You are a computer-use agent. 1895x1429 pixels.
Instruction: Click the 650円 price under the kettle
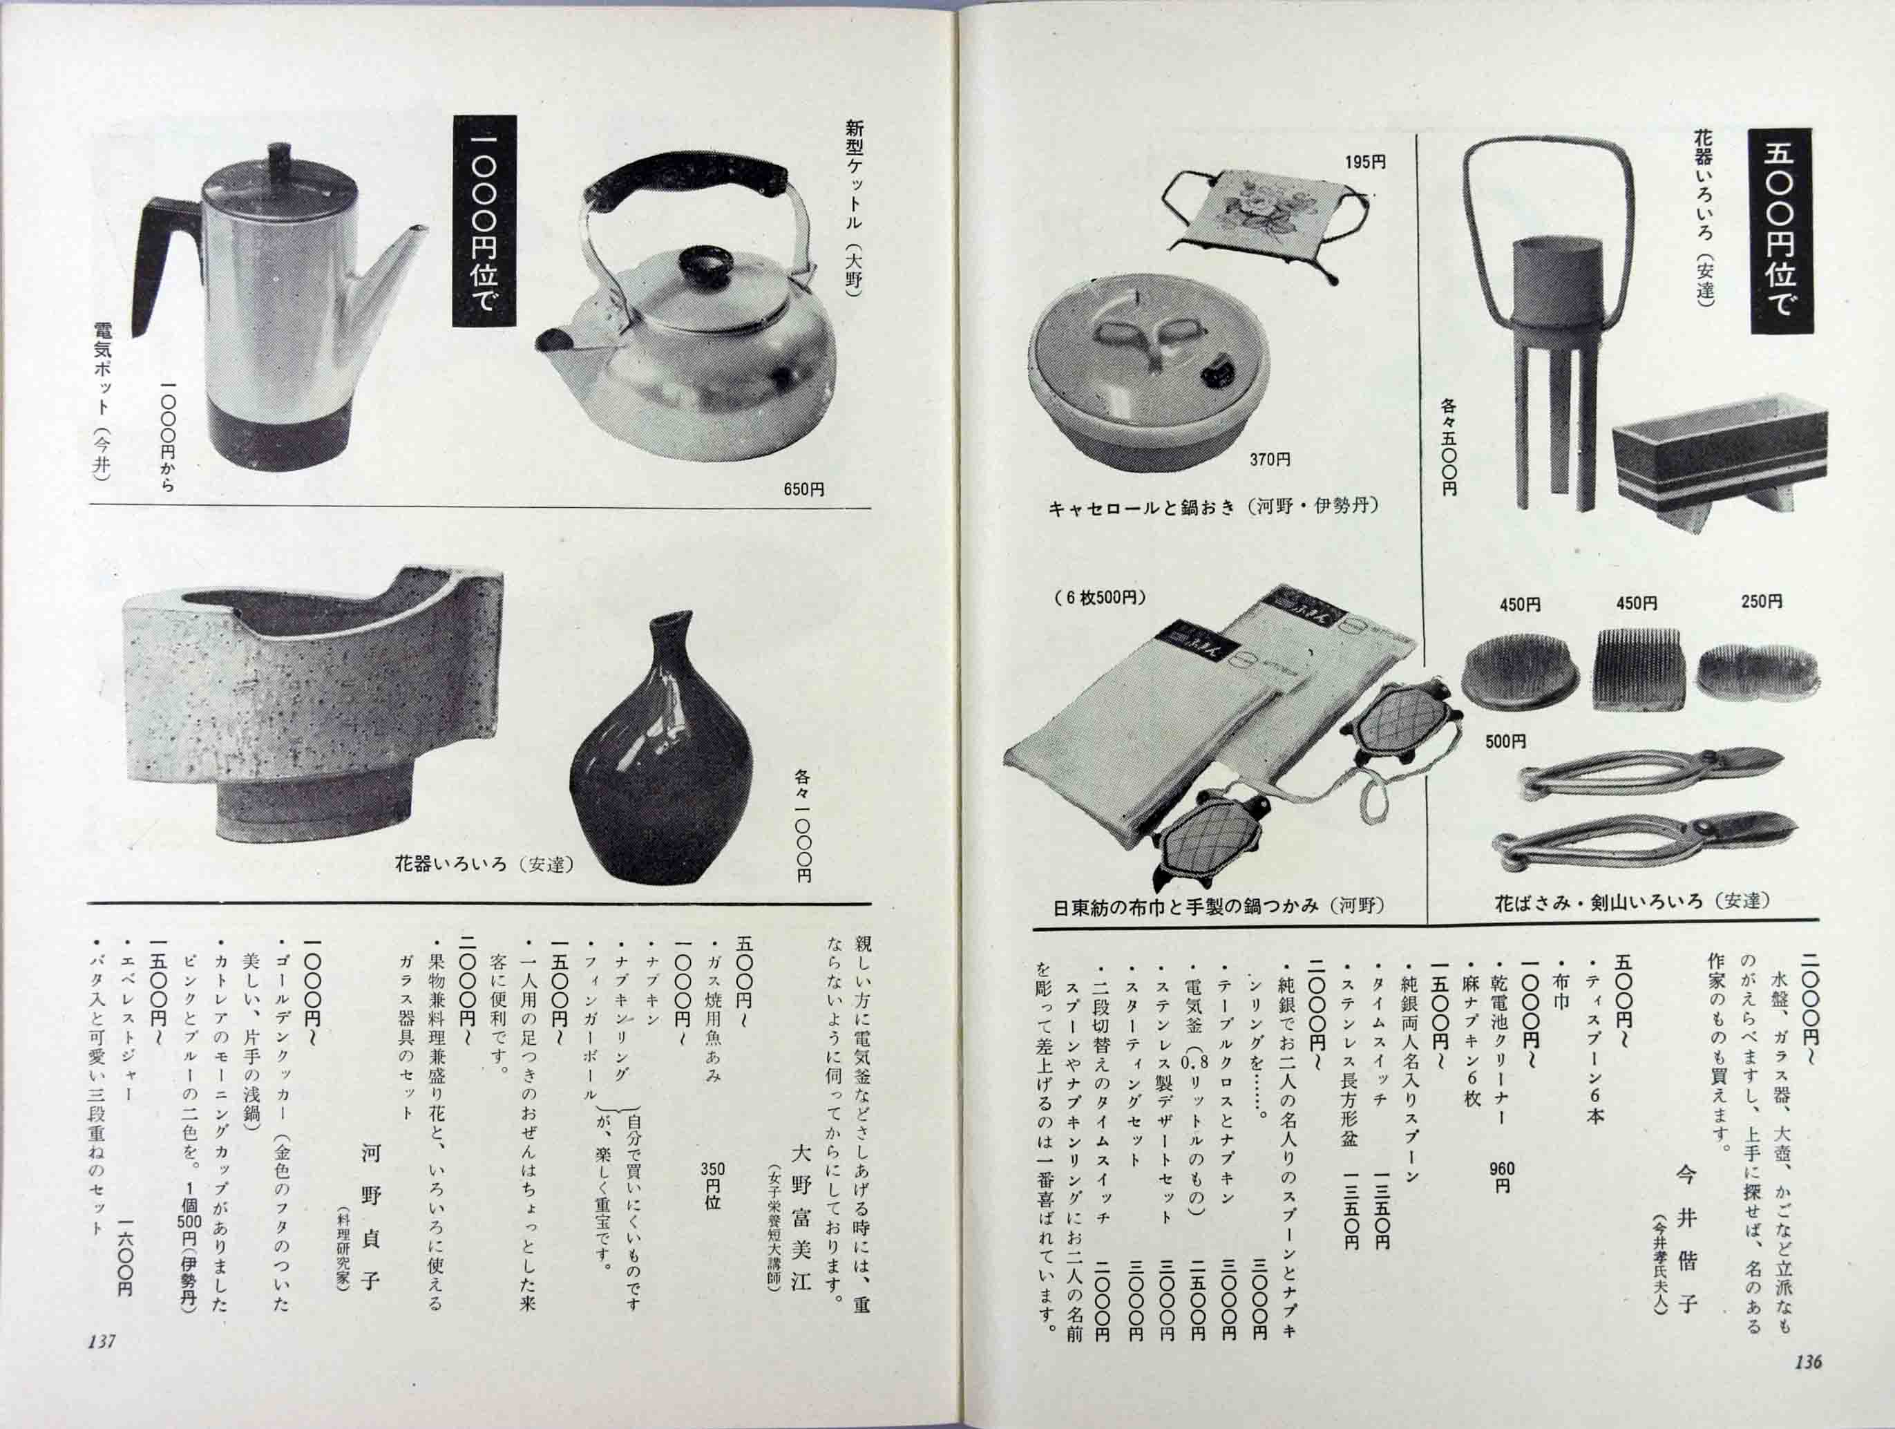coord(803,489)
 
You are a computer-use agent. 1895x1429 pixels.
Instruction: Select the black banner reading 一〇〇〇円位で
coord(484,220)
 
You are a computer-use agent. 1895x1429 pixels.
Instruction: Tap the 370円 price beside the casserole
coord(1269,460)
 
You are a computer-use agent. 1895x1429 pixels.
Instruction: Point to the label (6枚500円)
coord(1099,598)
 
